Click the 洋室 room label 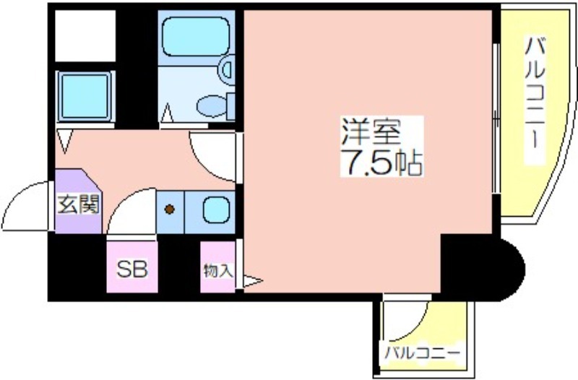pos(371,131)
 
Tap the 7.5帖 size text pos(381,162)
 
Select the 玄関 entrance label pos(78,204)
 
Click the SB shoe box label pos(132,269)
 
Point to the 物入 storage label pos(218,271)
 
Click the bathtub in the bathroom pos(196,37)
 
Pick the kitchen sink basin pos(216,210)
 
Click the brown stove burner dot pos(170,210)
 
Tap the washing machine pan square pos(85,96)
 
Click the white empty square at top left pos(85,35)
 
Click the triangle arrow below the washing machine pos(65,141)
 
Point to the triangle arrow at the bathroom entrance pos(167,113)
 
